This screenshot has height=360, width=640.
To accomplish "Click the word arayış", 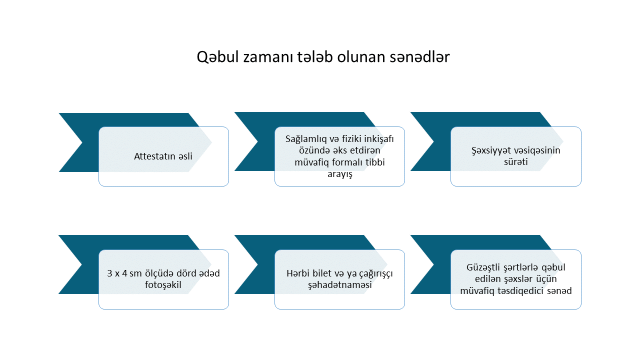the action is click(339, 174).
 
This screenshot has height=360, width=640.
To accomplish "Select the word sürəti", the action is click(515, 162).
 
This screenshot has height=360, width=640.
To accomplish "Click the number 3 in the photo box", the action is click(109, 273).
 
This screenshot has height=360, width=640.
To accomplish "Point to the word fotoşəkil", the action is click(163, 285).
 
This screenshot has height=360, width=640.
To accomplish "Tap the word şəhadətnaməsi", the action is click(339, 285).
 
